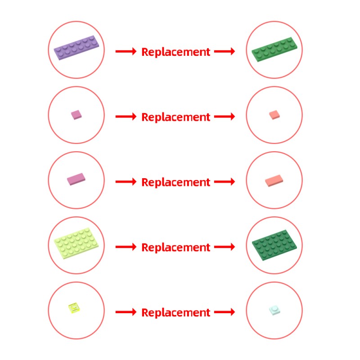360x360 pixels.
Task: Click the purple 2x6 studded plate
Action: coord(76,48)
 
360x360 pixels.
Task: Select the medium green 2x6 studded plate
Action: coord(274,49)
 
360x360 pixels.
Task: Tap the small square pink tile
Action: coord(76,115)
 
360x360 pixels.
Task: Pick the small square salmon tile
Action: coord(274,115)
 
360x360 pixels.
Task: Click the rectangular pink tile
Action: coord(76,179)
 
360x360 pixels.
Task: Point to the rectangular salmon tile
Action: coord(274,181)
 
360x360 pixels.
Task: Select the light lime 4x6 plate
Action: coord(76,243)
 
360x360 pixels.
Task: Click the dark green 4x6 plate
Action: coord(274,245)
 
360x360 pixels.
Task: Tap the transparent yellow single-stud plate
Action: coord(74,308)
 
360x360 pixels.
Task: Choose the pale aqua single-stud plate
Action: coord(274,310)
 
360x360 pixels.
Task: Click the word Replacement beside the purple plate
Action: coord(175,52)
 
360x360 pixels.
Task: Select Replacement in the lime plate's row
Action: coord(175,247)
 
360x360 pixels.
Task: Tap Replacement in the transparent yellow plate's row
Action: coord(175,313)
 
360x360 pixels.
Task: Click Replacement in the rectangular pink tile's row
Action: coord(175,182)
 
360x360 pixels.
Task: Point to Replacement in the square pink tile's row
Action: coord(175,117)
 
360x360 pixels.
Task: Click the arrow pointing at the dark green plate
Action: coord(225,247)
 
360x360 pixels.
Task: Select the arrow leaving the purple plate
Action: coord(126,51)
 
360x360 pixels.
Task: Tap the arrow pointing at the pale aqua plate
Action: coord(225,312)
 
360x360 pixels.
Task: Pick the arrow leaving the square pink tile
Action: coord(126,117)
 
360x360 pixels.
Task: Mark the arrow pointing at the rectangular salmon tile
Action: coord(225,182)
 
